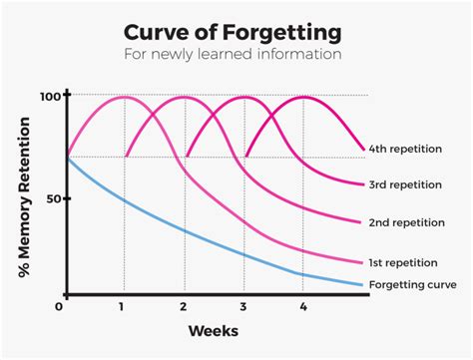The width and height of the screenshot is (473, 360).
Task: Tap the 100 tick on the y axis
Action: pyautogui.click(x=50, y=97)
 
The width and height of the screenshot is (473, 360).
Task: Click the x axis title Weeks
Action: pyautogui.click(x=214, y=330)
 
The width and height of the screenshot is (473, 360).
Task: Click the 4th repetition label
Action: pyautogui.click(x=409, y=150)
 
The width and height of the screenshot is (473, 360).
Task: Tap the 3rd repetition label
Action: pyautogui.click(x=409, y=183)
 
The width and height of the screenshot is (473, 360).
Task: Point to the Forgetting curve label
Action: pyautogui.click(x=412, y=284)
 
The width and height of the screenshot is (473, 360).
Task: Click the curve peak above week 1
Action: pyautogui.click(x=124, y=97)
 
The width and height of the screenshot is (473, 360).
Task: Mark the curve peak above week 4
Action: pyautogui.click(x=303, y=97)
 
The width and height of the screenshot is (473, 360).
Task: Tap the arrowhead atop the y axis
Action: pyautogui.click(x=68, y=90)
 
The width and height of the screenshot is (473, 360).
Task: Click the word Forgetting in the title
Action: pyautogui.click(x=289, y=27)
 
